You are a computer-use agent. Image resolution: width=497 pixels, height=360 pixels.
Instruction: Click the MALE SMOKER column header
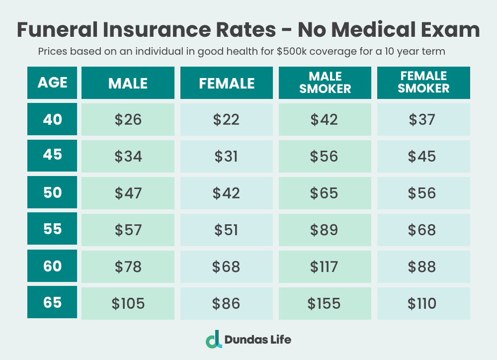[325, 83]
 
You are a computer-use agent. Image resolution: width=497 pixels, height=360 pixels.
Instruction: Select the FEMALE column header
[226, 83]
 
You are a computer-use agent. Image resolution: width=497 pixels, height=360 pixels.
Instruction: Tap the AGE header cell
[52, 83]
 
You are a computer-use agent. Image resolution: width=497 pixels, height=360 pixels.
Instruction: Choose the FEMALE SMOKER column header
[423, 83]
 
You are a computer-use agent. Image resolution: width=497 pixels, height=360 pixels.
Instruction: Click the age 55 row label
[52, 229]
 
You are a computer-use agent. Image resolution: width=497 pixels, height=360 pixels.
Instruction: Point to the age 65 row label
[52, 302]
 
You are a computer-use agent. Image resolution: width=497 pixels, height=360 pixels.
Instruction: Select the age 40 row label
[52, 119]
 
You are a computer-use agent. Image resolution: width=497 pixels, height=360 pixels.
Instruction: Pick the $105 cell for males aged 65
[128, 303]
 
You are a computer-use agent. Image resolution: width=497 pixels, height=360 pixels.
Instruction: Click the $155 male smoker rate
[325, 303]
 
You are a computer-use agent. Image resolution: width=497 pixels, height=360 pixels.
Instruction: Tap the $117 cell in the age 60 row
[325, 267]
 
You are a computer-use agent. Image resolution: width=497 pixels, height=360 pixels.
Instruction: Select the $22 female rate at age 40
[226, 119]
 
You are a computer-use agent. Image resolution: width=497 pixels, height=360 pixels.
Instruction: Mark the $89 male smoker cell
[325, 230]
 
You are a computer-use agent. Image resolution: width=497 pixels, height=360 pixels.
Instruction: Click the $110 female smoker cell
[423, 303]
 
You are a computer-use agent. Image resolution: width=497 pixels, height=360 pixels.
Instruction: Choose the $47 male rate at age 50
[128, 193]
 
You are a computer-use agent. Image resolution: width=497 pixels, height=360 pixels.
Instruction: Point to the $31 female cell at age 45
[226, 156]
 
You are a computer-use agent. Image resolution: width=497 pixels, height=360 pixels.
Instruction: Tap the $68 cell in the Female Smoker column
[423, 230]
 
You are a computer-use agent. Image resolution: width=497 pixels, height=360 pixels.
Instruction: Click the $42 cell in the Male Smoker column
[325, 119]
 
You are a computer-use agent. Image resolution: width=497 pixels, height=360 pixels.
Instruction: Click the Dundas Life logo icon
[213, 339]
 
